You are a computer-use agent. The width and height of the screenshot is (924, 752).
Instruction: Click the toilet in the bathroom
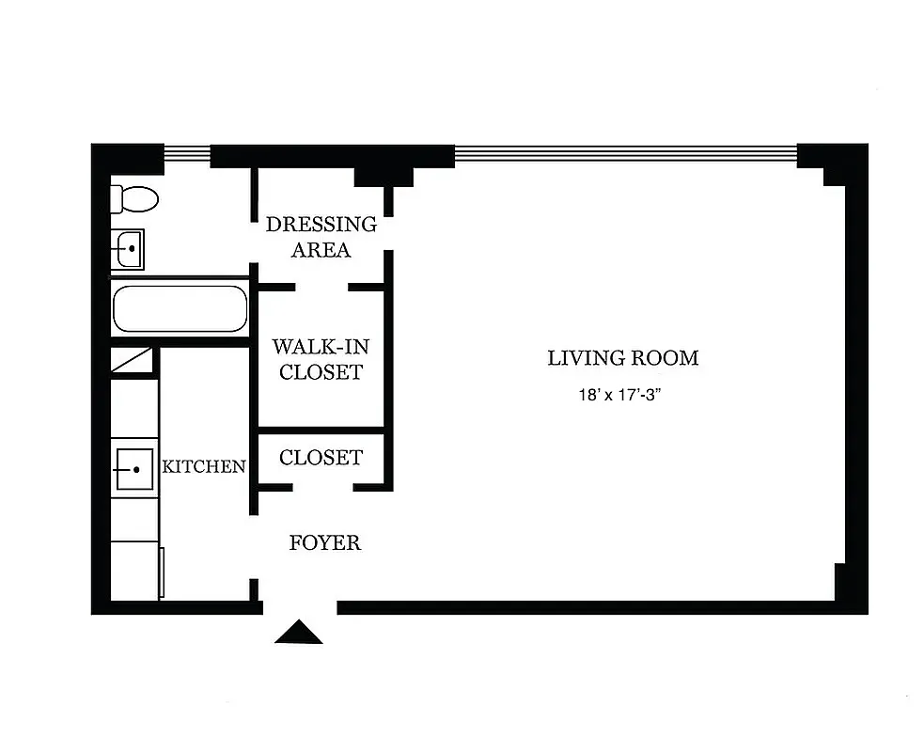[134, 198]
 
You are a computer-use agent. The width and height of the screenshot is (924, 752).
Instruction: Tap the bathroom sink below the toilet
[128, 249]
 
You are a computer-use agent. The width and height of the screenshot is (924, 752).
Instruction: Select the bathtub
[180, 309]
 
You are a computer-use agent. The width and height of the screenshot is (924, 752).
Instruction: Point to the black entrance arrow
[299, 633]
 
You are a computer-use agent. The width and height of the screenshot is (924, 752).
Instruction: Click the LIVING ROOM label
[623, 358]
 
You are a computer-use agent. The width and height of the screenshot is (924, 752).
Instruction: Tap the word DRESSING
[321, 225]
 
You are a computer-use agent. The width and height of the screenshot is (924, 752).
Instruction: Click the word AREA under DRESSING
[321, 250]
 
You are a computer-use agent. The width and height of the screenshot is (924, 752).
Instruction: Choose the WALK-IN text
[321, 347]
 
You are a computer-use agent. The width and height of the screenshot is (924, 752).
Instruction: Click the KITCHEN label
[205, 466]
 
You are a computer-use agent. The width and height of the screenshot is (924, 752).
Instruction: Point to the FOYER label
[324, 543]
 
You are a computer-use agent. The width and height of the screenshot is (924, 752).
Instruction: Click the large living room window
[625, 150]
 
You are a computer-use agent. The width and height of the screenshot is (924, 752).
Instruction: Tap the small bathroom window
[187, 150]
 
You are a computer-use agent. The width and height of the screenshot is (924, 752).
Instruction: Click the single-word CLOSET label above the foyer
[321, 458]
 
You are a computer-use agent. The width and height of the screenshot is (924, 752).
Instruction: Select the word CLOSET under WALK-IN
[321, 372]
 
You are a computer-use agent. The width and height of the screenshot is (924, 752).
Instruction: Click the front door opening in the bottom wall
[299, 607]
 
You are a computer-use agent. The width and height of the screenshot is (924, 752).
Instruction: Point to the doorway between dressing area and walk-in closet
[321, 286]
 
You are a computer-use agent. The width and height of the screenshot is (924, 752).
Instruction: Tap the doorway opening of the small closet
[321, 487]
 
